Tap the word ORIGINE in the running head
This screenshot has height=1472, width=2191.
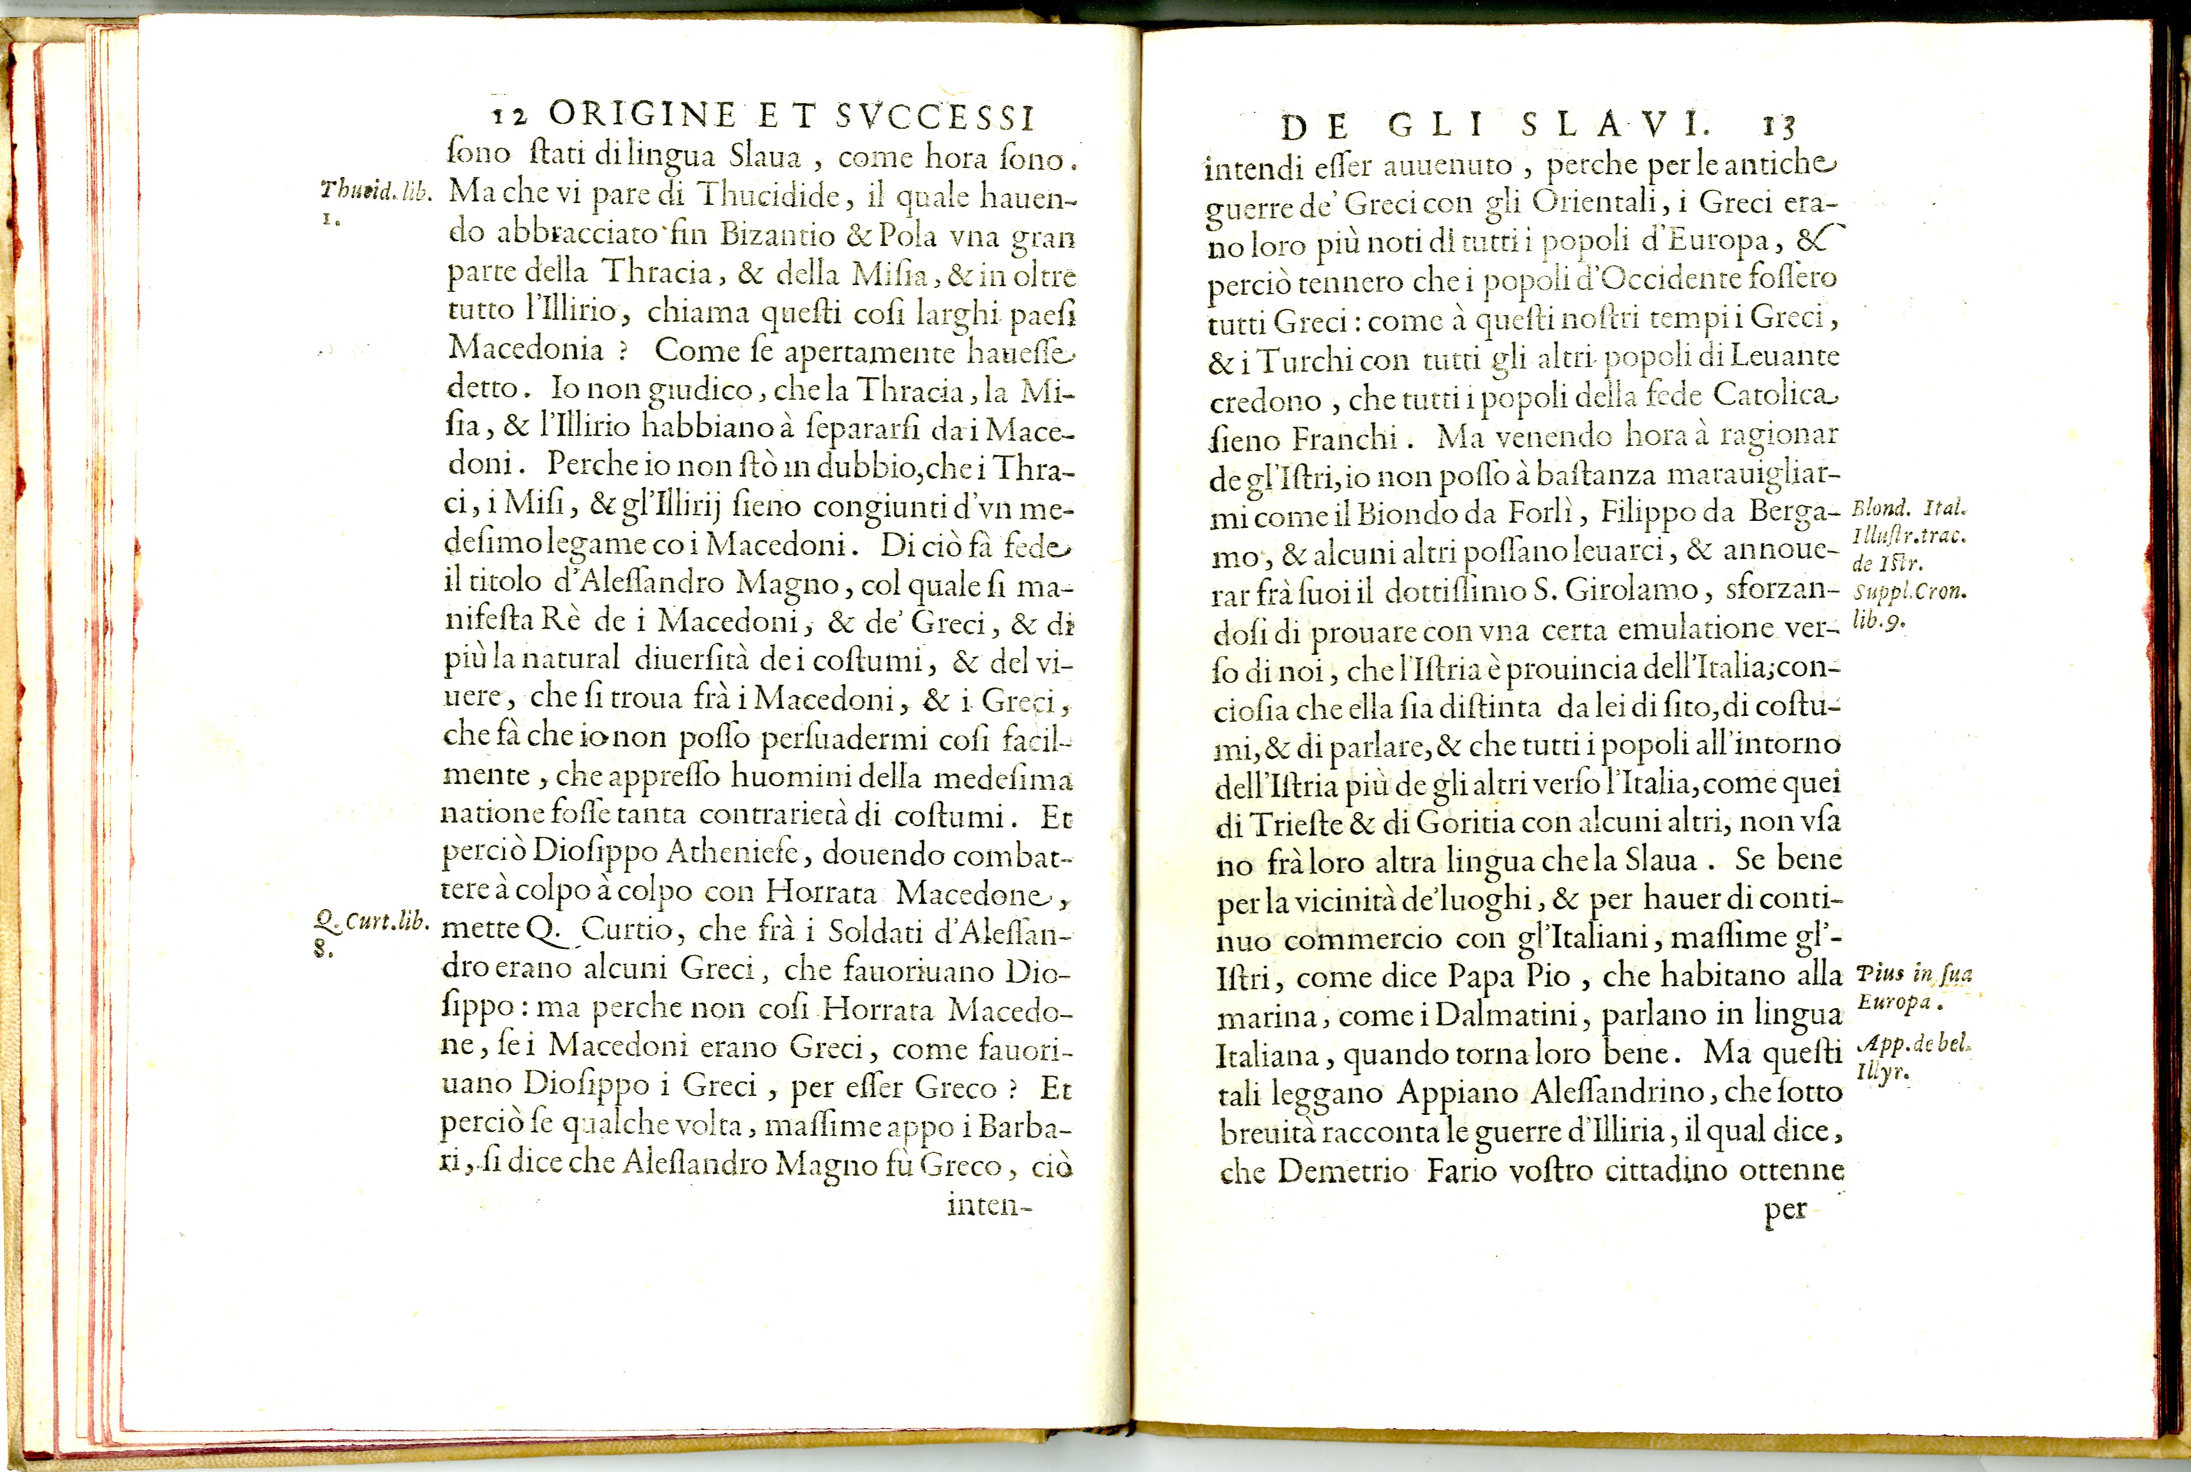point(643,115)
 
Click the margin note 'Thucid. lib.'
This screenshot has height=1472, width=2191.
point(375,190)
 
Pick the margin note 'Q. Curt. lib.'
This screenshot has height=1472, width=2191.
point(371,921)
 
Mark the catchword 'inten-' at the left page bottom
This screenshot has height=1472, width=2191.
point(988,1204)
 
